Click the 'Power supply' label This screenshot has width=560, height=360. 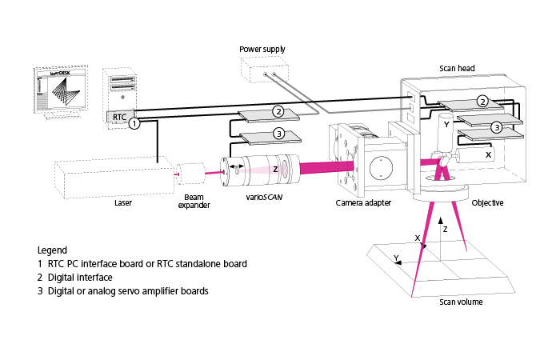coord(262,50)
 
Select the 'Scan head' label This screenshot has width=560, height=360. coord(457,69)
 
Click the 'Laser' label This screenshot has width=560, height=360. coord(122,203)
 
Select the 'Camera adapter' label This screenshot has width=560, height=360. coord(364,203)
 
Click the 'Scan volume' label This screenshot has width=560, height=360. coord(462,302)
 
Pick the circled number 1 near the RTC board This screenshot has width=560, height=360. coord(135,124)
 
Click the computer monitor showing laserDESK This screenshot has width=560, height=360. coord(59,92)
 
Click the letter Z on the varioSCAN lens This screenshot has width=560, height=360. coord(275,169)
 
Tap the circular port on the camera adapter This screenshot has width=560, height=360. coord(381,169)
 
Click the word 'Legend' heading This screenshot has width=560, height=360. coord(52,250)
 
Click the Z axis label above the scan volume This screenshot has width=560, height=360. coord(445,228)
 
